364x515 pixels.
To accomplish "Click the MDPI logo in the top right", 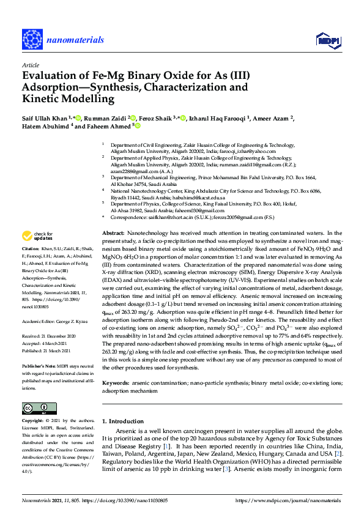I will point(327,40).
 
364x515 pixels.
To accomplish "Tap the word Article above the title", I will point(30,64).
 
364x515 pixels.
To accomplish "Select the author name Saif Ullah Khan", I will point(45,117).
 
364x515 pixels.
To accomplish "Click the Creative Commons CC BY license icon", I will point(35,408).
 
